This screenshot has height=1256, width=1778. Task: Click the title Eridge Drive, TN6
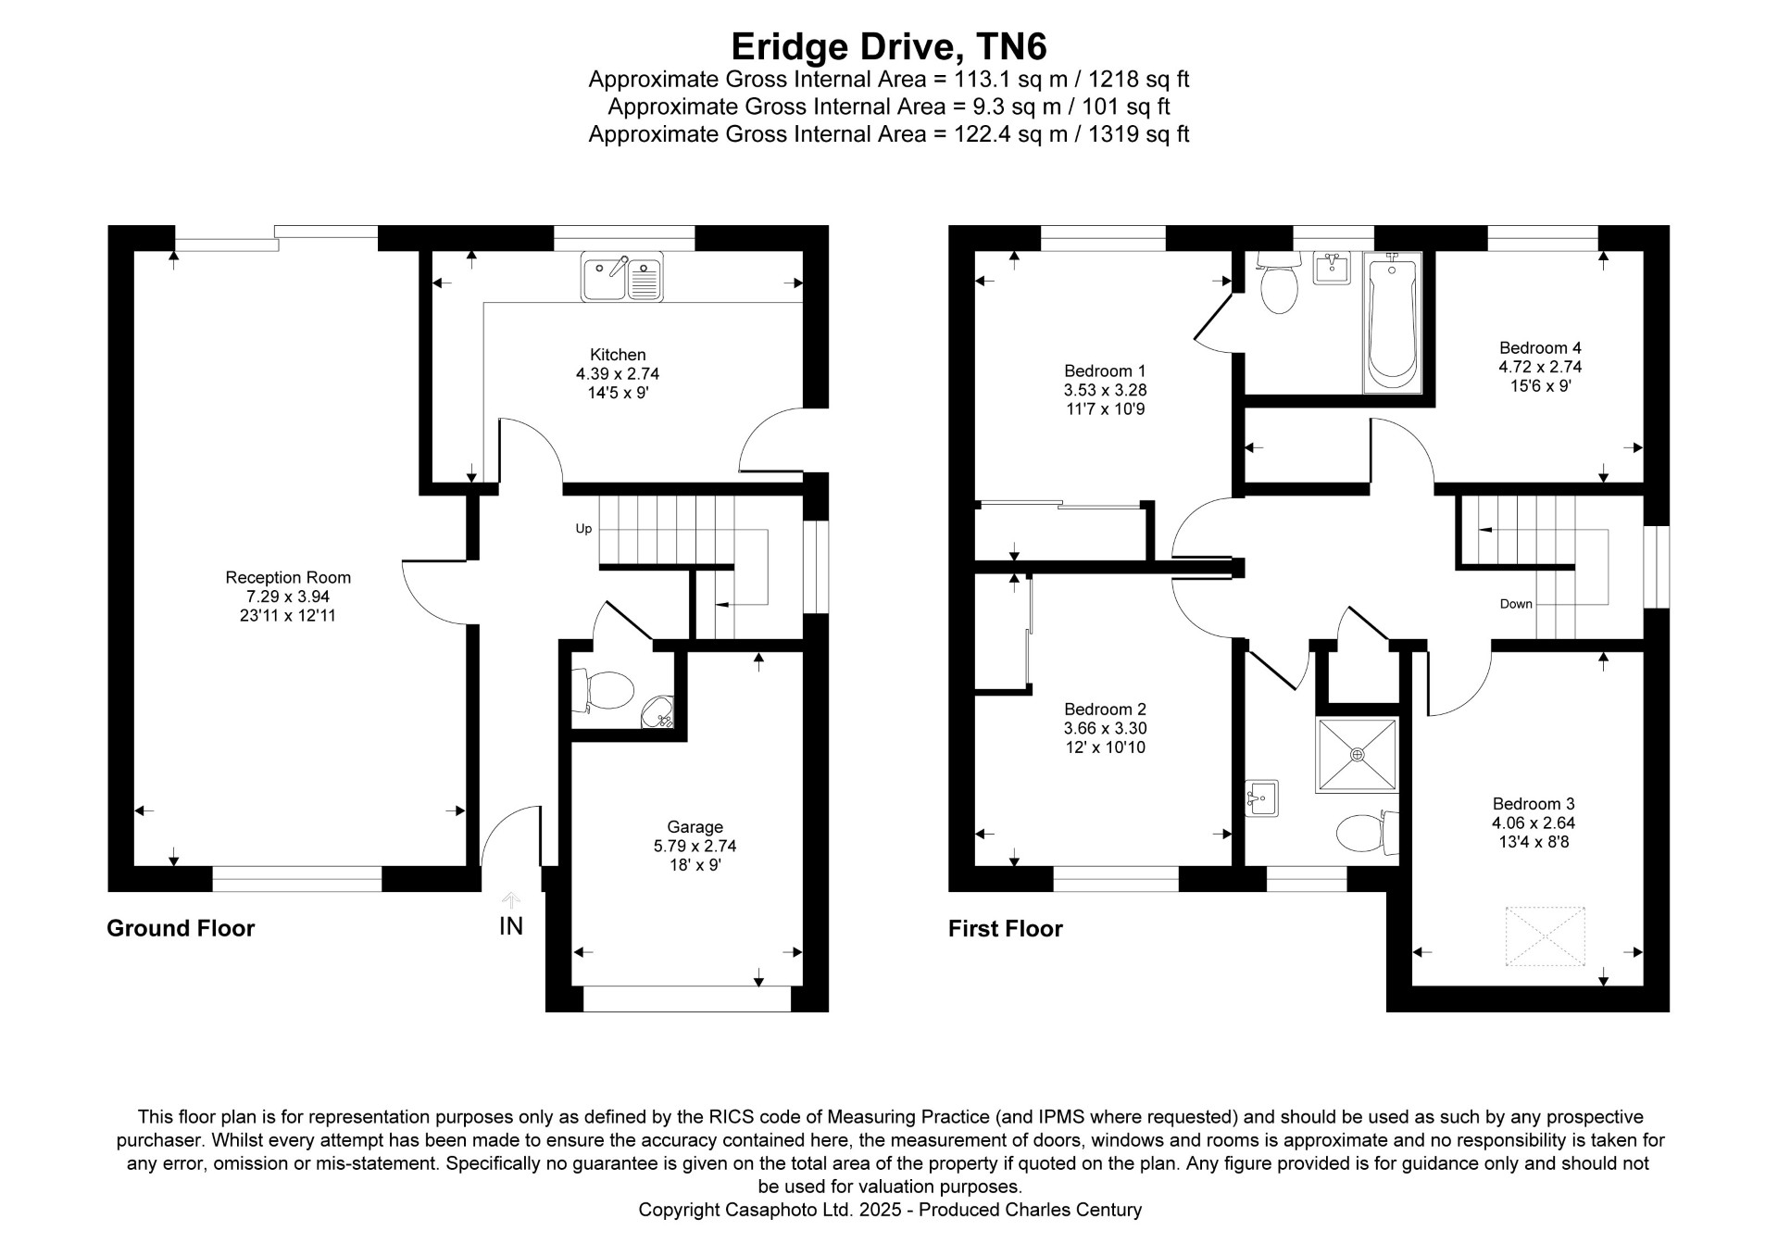click(889, 46)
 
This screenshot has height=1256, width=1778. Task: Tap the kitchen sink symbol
click(622, 276)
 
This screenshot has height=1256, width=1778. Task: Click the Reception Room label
click(288, 577)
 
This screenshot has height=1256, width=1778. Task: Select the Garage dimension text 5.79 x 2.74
click(695, 846)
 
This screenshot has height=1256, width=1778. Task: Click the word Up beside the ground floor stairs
click(583, 529)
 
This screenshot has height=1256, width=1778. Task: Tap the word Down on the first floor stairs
click(1516, 604)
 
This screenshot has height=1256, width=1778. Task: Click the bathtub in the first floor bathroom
click(1392, 324)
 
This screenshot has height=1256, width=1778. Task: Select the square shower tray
click(1358, 754)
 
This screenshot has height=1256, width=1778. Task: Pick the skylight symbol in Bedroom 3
click(1545, 937)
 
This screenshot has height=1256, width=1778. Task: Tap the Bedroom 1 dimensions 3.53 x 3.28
click(1105, 390)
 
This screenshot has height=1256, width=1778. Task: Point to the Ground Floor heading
click(181, 928)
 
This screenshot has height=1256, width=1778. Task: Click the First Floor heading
click(1006, 928)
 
